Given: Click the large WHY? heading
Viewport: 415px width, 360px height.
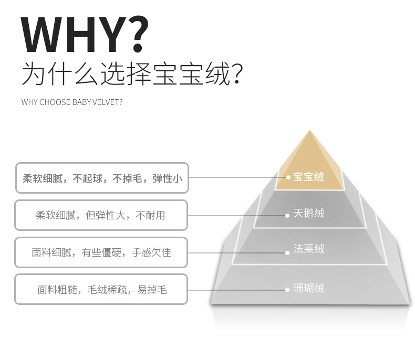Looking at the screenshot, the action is click(x=85, y=34).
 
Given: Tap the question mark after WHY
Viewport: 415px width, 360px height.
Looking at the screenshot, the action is click(x=137, y=34).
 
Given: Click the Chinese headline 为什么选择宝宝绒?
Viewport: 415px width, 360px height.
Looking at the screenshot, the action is click(x=132, y=74).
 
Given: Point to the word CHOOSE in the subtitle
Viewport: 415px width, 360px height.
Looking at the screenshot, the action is click(x=55, y=102).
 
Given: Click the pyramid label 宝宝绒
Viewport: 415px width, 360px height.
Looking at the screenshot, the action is click(x=308, y=177).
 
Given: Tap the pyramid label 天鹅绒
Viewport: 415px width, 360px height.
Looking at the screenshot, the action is click(x=308, y=213).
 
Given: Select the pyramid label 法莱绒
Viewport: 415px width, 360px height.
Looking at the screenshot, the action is click(x=308, y=249).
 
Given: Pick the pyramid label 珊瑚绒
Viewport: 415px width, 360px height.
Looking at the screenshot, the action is click(x=308, y=288).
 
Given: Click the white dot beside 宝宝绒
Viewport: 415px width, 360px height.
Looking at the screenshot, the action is click(x=288, y=177).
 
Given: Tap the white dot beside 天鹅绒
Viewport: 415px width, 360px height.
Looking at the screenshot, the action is click(x=287, y=216).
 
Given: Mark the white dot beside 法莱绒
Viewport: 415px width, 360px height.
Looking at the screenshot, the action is click(x=287, y=253).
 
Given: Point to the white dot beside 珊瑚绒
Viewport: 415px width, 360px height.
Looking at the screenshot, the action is click(x=287, y=290).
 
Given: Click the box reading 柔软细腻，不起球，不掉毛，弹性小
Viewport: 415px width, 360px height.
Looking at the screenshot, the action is click(x=102, y=178).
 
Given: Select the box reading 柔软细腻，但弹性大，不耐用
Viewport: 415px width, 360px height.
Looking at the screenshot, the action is click(x=101, y=215).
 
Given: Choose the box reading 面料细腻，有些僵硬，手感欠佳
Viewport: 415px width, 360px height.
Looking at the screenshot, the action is click(x=101, y=252).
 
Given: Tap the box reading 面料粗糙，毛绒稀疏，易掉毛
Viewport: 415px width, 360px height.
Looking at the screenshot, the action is click(x=101, y=290).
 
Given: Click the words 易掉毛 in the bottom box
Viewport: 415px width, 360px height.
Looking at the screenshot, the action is click(x=152, y=290).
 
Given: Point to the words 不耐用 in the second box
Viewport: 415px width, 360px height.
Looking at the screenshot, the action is click(x=150, y=215).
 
